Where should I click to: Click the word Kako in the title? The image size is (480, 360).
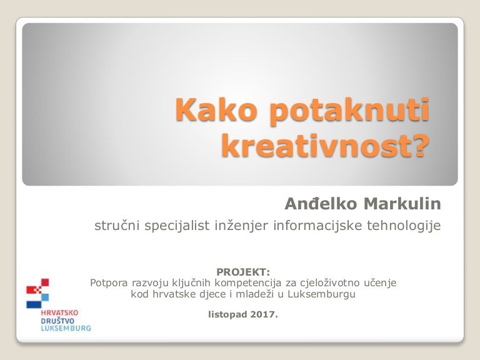click(x=216, y=109)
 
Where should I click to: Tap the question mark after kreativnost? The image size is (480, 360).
click(x=418, y=144)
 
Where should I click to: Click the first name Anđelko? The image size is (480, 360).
click(x=321, y=204)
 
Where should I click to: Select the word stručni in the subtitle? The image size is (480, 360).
click(x=117, y=226)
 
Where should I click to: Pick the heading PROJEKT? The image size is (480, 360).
click(x=243, y=272)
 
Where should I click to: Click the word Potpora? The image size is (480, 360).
click(x=109, y=283)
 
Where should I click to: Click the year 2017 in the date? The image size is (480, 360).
click(x=264, y=314)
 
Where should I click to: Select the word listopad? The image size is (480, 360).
click(x=228, y=315)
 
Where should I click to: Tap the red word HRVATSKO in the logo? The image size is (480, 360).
click(x=59, y=313)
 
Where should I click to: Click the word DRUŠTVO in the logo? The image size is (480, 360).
click(x=57, y=321)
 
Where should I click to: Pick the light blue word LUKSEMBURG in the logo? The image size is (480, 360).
click(x=66, y=329)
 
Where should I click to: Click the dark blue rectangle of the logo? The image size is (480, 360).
click(x=34, y=304)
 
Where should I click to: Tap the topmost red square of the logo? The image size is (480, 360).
click(x=45, y=282)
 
